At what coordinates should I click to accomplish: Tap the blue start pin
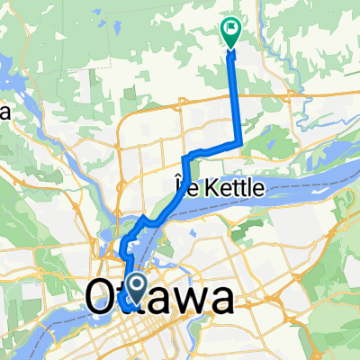click(137, 288)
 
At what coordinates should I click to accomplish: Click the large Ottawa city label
click(157, 299)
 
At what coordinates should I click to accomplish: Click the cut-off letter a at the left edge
click(4, 112)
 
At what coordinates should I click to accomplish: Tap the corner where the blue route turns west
click(239, 142)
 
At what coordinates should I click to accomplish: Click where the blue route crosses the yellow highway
click(236, 93)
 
